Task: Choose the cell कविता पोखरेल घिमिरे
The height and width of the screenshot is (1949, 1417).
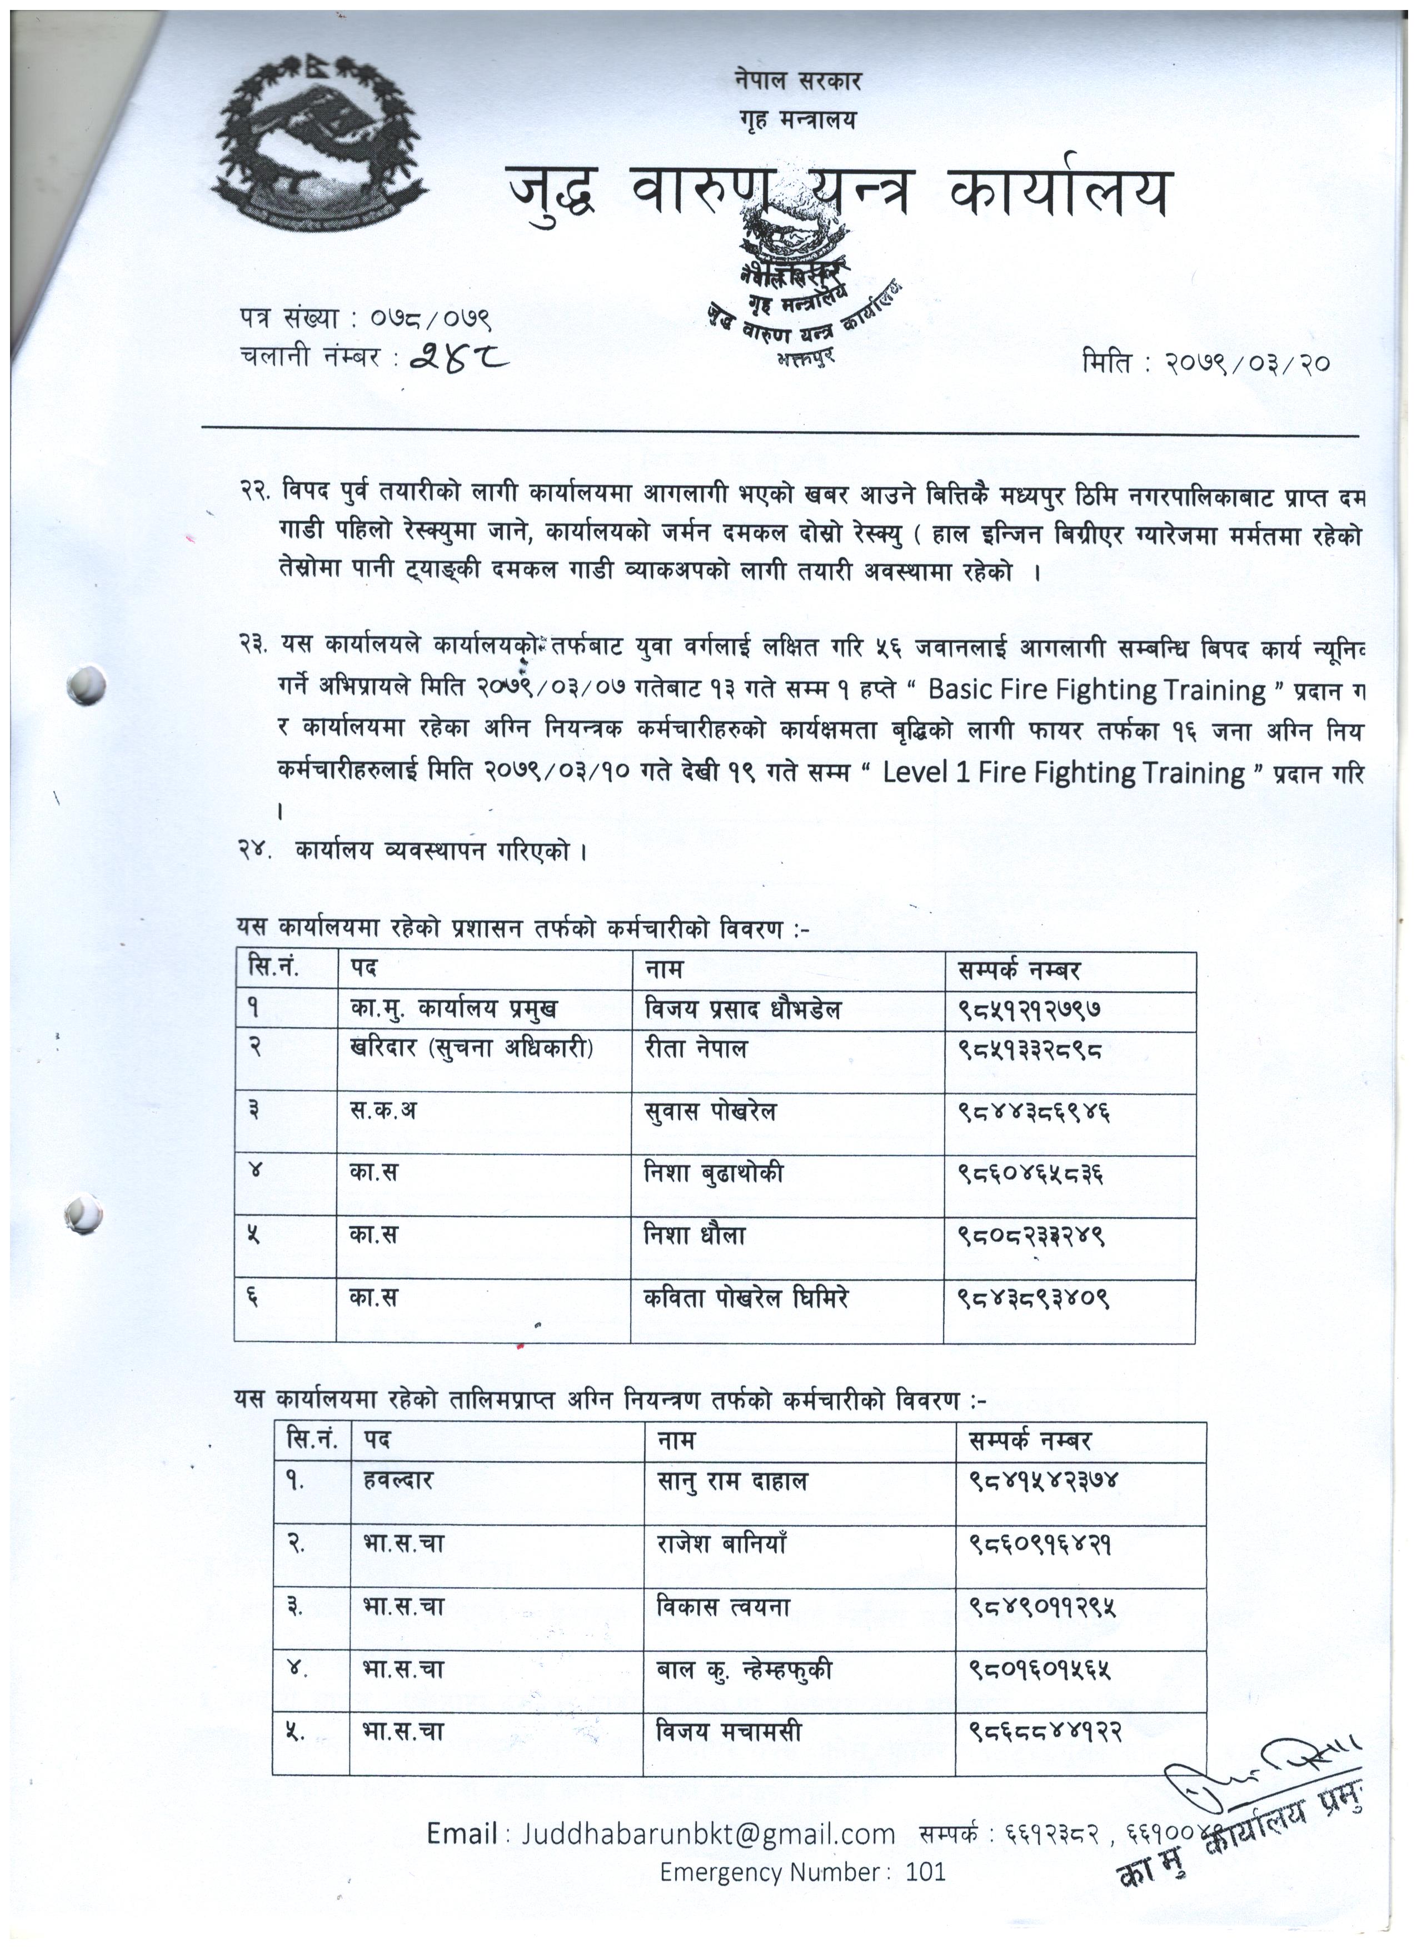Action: (746, 1298)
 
